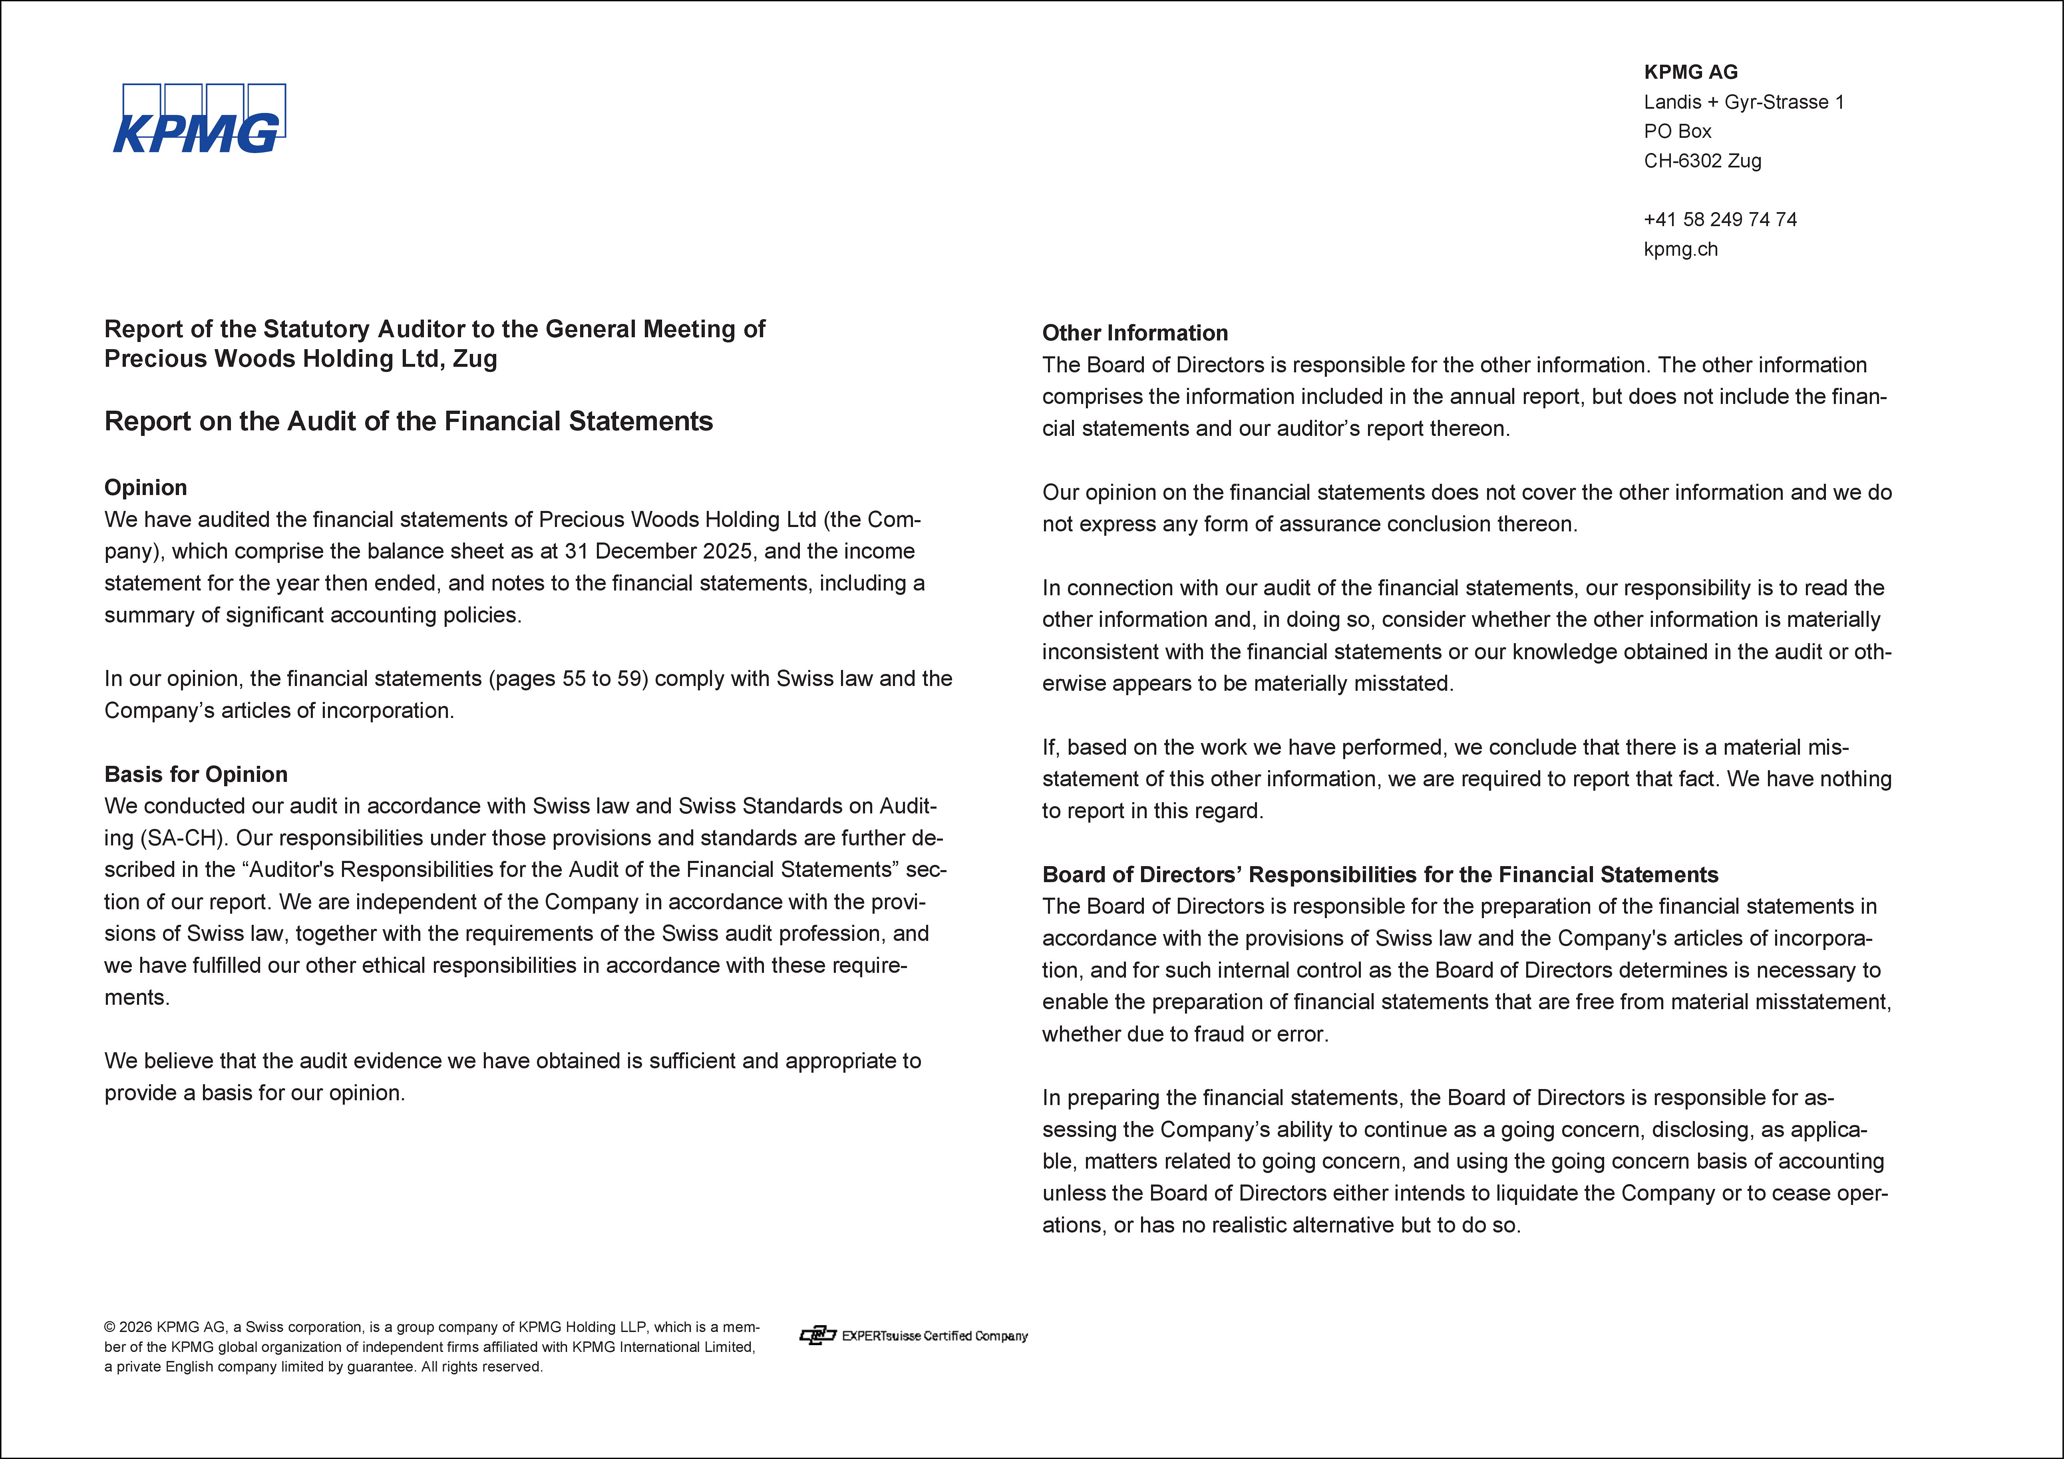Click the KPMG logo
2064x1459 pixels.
(x=199, y=119)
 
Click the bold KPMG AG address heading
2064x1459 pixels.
(x=1690, y=72)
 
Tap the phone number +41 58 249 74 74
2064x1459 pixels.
(x=1720, y=219)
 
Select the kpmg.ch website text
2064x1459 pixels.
(x=1680, y=249)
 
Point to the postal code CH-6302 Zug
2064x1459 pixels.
(x=1702, y=161)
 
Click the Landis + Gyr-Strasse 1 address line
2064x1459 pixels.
(x=1743, y=101)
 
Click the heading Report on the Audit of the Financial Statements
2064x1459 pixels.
(x=408, y=421)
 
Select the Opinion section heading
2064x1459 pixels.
(x=145, y=487)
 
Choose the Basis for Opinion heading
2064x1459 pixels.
(x=196, y=774)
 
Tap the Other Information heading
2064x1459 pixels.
(x=1135, y=333)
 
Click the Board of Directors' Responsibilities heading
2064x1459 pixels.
(x=1380, y=875)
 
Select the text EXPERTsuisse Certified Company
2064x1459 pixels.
(x=935, y=1336)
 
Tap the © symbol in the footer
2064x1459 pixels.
(x=109, y=1327)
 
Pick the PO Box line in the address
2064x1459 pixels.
(x=1677, y=131)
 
